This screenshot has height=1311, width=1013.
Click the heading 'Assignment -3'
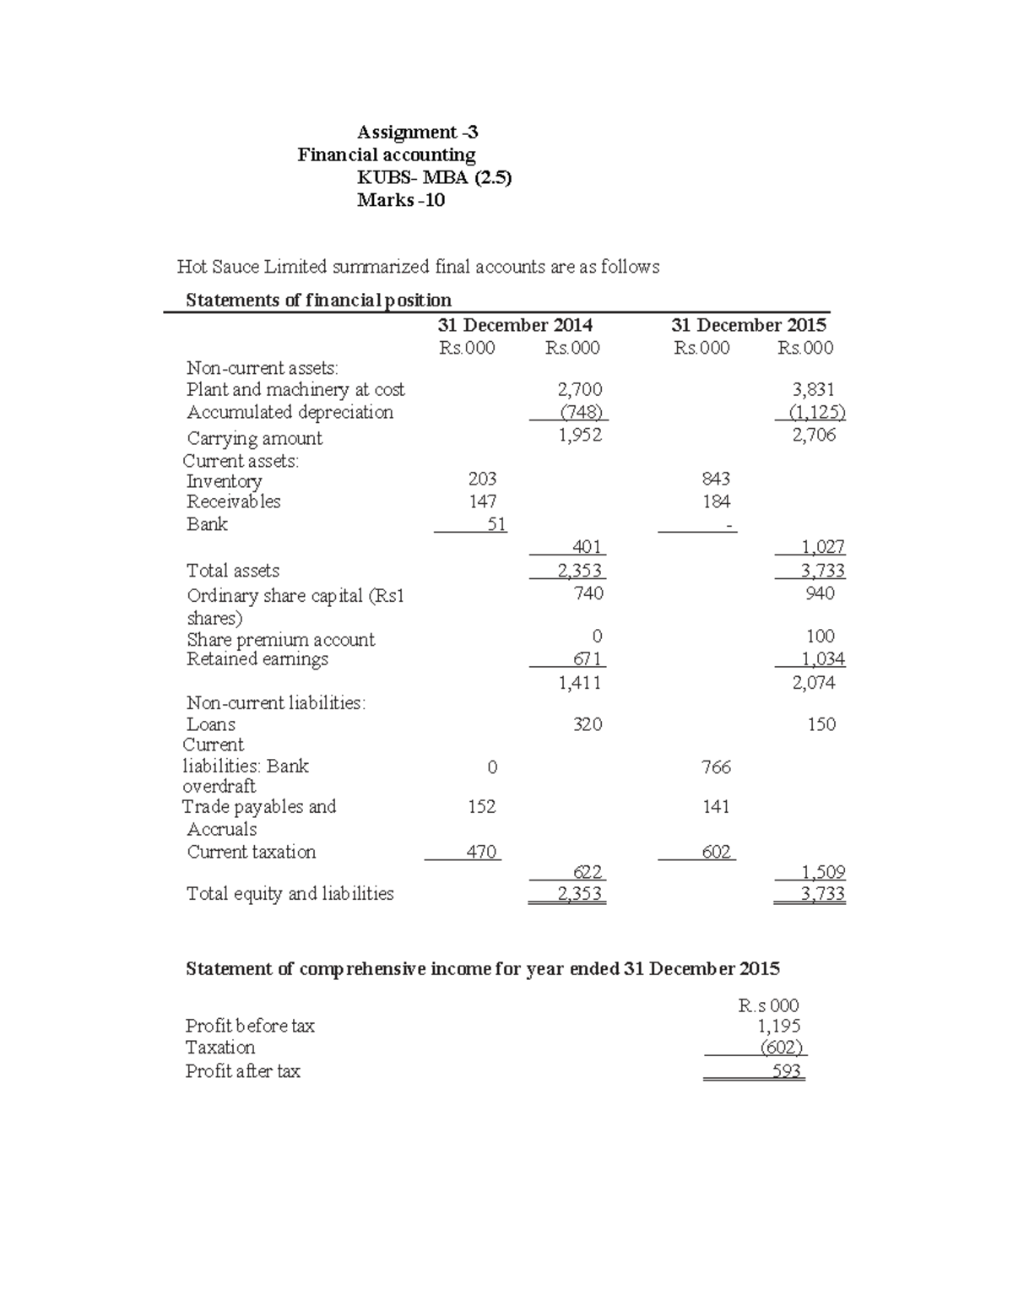pos(417,132)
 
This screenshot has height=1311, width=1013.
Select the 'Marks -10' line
pos(400,200)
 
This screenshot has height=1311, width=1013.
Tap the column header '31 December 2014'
pos(514,325)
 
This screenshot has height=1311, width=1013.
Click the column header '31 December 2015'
pos(748,325)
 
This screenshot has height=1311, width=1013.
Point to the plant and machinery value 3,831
pos(813,389)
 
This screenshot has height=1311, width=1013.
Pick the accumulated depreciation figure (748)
pos(582,412)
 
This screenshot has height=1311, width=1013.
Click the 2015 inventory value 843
pos(715,479)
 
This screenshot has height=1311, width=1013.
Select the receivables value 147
pos(482,501)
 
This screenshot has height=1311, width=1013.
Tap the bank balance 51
pos(496,524)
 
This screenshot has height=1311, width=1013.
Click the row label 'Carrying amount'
pos(254,438)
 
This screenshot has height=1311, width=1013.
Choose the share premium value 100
pos(820,636)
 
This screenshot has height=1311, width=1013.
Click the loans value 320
pos(588,724)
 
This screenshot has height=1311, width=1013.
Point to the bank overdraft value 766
pos(716,767)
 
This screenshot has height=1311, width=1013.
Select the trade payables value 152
pos(482,806)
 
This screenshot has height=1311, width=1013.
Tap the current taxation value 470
pos(481,852)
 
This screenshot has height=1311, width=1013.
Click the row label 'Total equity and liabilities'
pos(290,893)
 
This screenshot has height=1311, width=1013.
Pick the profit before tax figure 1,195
pos(778,1026)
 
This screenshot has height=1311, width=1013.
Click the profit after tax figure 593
pos(787,1071)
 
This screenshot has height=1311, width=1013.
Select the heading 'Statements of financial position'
pos(318,300)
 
